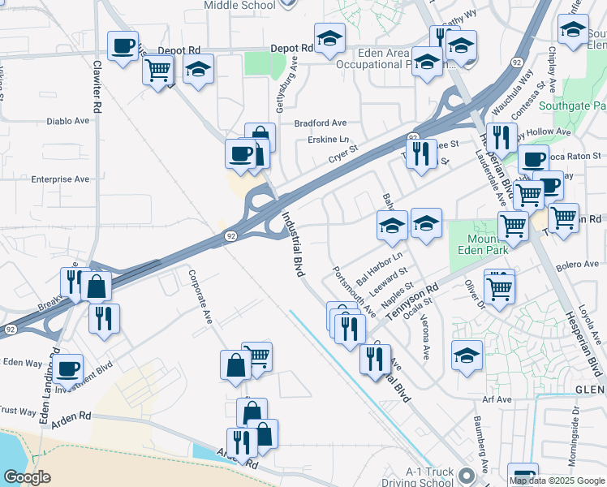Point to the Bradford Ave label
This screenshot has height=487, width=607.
pos(320,123)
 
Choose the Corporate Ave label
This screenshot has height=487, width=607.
pos(200,297)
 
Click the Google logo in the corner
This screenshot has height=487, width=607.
pos(28,477)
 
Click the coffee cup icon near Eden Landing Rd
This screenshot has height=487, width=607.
pos(69,368)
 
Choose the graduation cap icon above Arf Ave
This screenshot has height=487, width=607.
pos(467,356)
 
